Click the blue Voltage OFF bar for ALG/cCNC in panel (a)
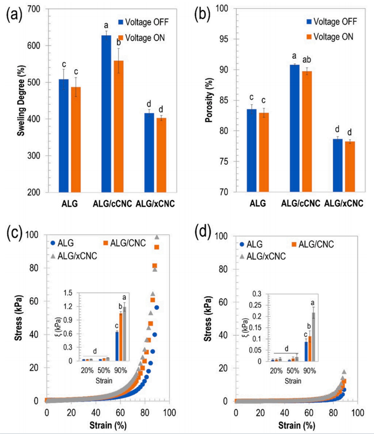(106, 114)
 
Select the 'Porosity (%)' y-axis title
(211, 100)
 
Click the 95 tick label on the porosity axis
(226, 39)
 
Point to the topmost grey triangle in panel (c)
(157, 237)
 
